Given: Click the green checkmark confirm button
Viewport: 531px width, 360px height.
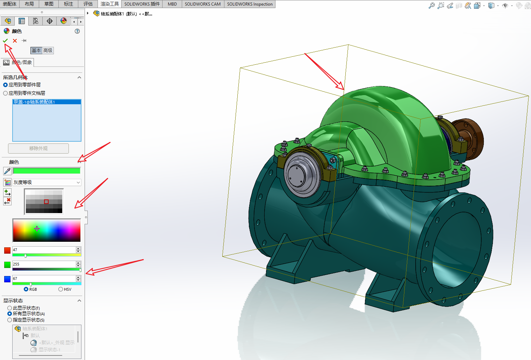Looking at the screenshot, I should [x=5, y=41].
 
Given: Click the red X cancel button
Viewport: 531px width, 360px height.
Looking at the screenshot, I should [x=15, y=41].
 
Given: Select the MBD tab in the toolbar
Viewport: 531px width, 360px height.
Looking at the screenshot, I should [x=172, y=4].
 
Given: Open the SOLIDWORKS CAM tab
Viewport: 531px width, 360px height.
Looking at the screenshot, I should [x=202, y=4].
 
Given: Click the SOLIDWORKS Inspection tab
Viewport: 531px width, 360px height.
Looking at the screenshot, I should [x=250, y=4].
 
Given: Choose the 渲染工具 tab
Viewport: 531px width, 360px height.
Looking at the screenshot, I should [x=109, y=4].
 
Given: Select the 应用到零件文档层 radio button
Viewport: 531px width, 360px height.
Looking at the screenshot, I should [x=6, y=93].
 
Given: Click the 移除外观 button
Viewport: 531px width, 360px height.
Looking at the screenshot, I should [x=38, y=148].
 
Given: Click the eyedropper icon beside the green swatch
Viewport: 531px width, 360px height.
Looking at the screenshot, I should [x=7, y=171].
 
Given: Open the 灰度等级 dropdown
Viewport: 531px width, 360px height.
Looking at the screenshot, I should [x=47, y=182].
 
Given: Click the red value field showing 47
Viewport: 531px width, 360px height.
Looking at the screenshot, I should [x=44, y=250].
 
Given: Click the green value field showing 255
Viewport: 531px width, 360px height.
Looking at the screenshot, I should [x=44, y=264].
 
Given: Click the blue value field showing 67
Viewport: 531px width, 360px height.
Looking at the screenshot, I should [x=44, y=278].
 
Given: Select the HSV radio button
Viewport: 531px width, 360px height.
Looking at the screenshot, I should [x=61, y=289].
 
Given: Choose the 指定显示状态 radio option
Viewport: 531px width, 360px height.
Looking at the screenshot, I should [x=10, y=320].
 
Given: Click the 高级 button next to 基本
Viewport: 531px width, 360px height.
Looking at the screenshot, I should [x=48, y=50].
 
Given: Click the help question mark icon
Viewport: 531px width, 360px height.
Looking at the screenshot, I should [x=77, y=31].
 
